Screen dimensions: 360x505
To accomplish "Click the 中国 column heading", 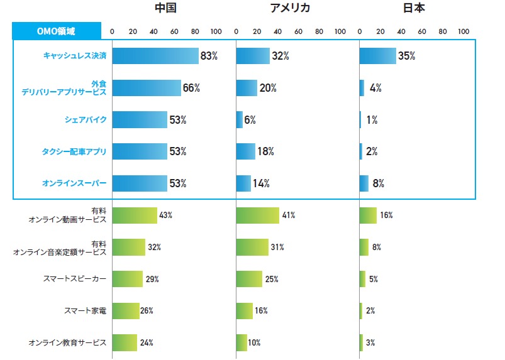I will coord(165,8).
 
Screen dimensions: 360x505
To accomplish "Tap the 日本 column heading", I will coord(413,8).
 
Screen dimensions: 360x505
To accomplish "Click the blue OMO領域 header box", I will coord(57,31).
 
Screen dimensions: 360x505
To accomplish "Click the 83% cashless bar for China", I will coord(155,56).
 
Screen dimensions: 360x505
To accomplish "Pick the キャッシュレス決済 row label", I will coord(75,56).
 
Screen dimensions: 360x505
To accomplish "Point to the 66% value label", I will coord(191,88).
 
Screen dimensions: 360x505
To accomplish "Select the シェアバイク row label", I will coord(86,119).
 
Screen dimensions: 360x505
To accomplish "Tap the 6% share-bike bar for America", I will coord(239,119).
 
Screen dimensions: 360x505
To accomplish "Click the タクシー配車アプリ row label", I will coord(74,151).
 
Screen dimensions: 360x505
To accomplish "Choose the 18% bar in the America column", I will coord(245,151).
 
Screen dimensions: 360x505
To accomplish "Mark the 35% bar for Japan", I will coord(377,56).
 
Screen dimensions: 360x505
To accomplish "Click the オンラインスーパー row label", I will coord(74,183).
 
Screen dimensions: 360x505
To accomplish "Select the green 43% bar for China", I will coord(135,215).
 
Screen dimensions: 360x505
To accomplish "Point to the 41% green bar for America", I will coord(257,215).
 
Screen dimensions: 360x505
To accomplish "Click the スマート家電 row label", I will coord(85,310).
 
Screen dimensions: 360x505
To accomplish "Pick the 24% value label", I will coord(147,343).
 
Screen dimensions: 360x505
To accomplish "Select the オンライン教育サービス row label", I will coord(67,343).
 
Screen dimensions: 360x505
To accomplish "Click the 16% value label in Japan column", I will coord(386,215).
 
